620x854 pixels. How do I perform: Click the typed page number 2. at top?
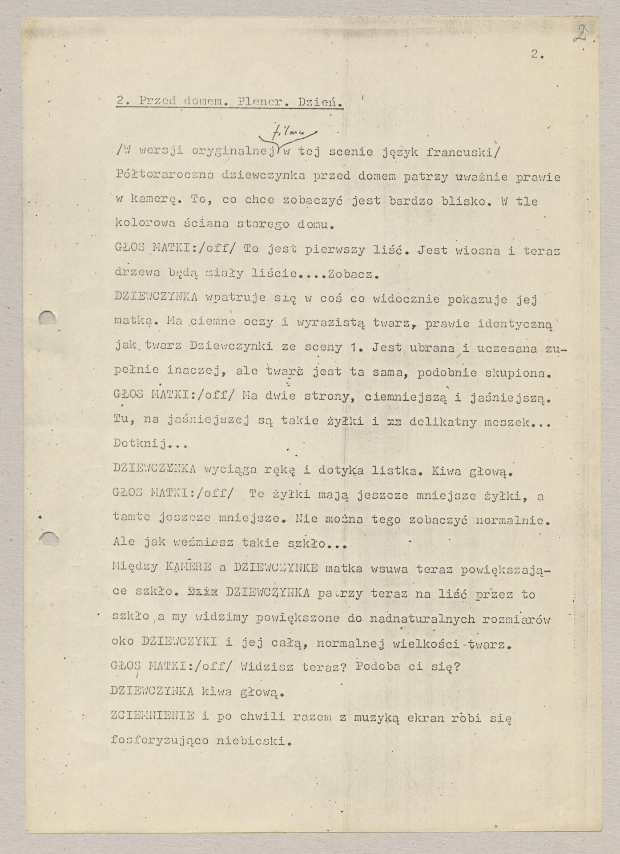tap(536, 55)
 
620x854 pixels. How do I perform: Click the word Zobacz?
tap(352, 274)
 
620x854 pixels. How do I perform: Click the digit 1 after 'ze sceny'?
tap(353, 348)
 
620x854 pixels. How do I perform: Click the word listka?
tap(393, 471)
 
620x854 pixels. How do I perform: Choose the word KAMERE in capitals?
tap(188, 567)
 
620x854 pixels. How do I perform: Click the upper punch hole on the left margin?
tap(47, 318)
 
